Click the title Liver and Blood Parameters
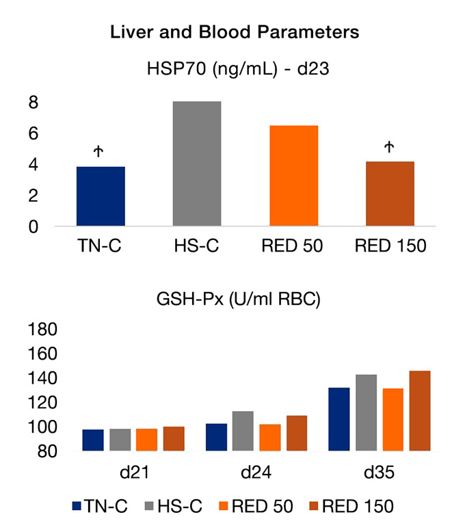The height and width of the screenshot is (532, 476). click(235, 33)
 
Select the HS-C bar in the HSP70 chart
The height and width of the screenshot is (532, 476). click(197, 164)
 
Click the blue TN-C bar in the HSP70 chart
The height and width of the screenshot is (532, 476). click(101, 196)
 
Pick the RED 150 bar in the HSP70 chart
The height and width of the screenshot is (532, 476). click(390, 194)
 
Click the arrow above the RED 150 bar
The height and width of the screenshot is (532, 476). click(390, 146)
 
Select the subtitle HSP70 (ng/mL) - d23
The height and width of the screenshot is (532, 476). click(235, 69)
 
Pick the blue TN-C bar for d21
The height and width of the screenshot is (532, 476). click(93, 440)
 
